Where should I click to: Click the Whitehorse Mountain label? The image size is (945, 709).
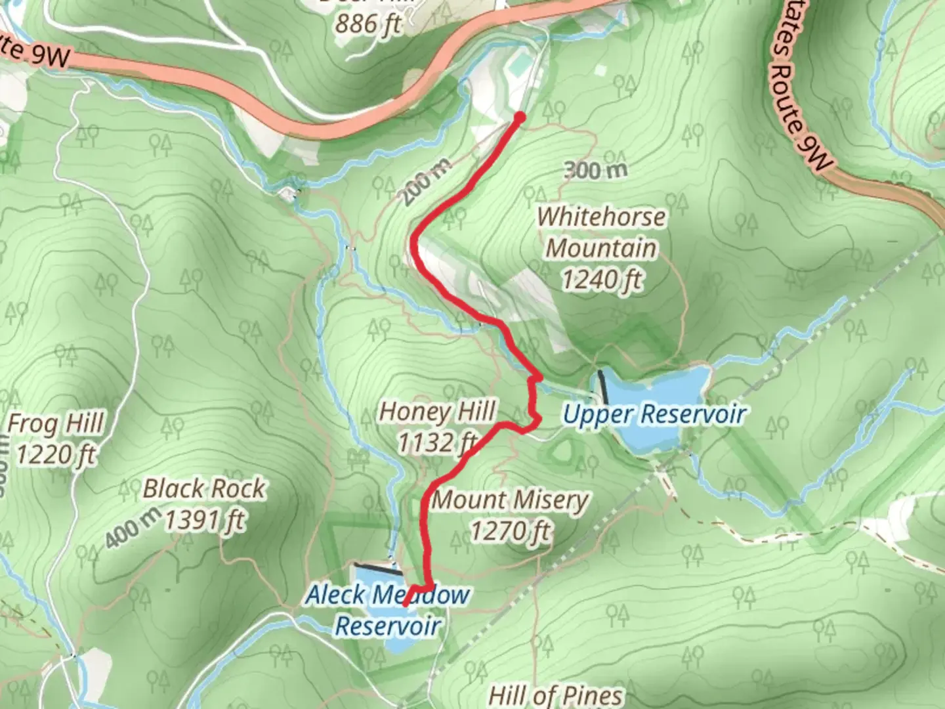(601, 232)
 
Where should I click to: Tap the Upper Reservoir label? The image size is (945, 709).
(654, 414)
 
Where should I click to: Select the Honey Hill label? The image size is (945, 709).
(437, 412)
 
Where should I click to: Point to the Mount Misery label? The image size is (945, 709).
(510, 500)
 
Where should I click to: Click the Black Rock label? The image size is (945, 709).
(203, 489)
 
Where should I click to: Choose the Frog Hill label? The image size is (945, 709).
(56, 424)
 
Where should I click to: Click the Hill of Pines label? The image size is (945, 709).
(556, 695)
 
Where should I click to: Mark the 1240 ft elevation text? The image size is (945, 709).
(601, 280)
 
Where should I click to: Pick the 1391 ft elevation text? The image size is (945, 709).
(203, 521)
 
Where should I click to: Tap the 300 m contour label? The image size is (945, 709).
(595, 171)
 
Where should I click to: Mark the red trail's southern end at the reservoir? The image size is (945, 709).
(406, 603)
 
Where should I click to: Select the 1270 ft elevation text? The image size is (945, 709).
(510, 530)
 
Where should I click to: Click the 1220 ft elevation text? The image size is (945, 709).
(56, 454)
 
